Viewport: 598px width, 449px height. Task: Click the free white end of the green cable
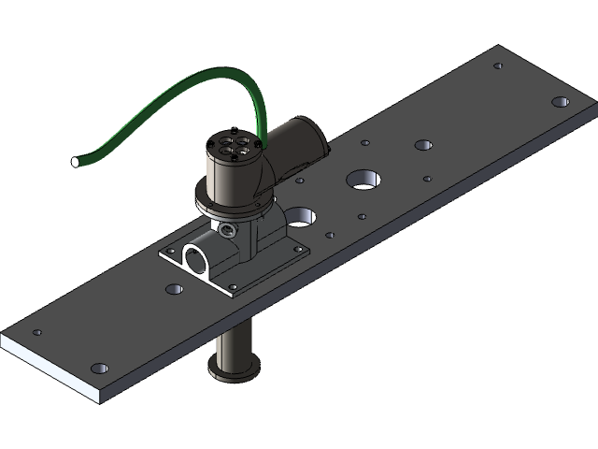[75, 163]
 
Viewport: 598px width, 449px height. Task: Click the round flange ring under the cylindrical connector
[234, 201]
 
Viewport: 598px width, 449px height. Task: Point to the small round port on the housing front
[228, 227]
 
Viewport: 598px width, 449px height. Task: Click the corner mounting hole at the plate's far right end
[561, 101]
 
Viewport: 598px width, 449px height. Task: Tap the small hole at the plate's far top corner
[498, 65]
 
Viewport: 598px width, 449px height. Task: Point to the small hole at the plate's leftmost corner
[37, 332]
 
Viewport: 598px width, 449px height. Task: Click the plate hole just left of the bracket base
[172, 289]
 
